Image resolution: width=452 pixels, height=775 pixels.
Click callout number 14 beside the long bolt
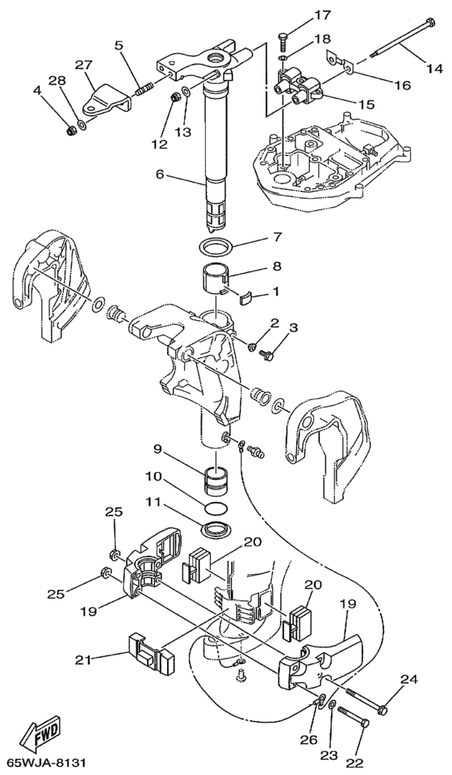pos(435,69)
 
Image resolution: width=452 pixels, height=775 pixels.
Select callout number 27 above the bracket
pos(85,65)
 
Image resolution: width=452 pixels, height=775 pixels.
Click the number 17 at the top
pos(323,15)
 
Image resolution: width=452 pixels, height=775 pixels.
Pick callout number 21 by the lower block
pos(84,659)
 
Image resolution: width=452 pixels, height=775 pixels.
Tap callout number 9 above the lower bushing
pos(158,449)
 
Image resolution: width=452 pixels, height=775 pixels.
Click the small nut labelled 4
pos(71,130)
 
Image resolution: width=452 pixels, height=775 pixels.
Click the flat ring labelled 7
pos(216,245)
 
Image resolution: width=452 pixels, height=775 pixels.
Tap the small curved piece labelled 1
pos(245,298)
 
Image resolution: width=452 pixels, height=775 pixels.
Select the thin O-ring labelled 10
pos(216,508)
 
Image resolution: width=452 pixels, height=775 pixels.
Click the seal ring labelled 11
pos(216,529)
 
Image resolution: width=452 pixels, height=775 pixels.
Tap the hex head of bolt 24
pos(382,710)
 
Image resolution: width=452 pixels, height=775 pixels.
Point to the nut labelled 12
pos(174,97)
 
